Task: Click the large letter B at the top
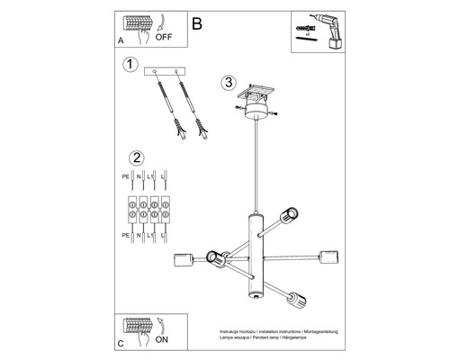[198, 25]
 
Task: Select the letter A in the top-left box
[121, 40]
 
